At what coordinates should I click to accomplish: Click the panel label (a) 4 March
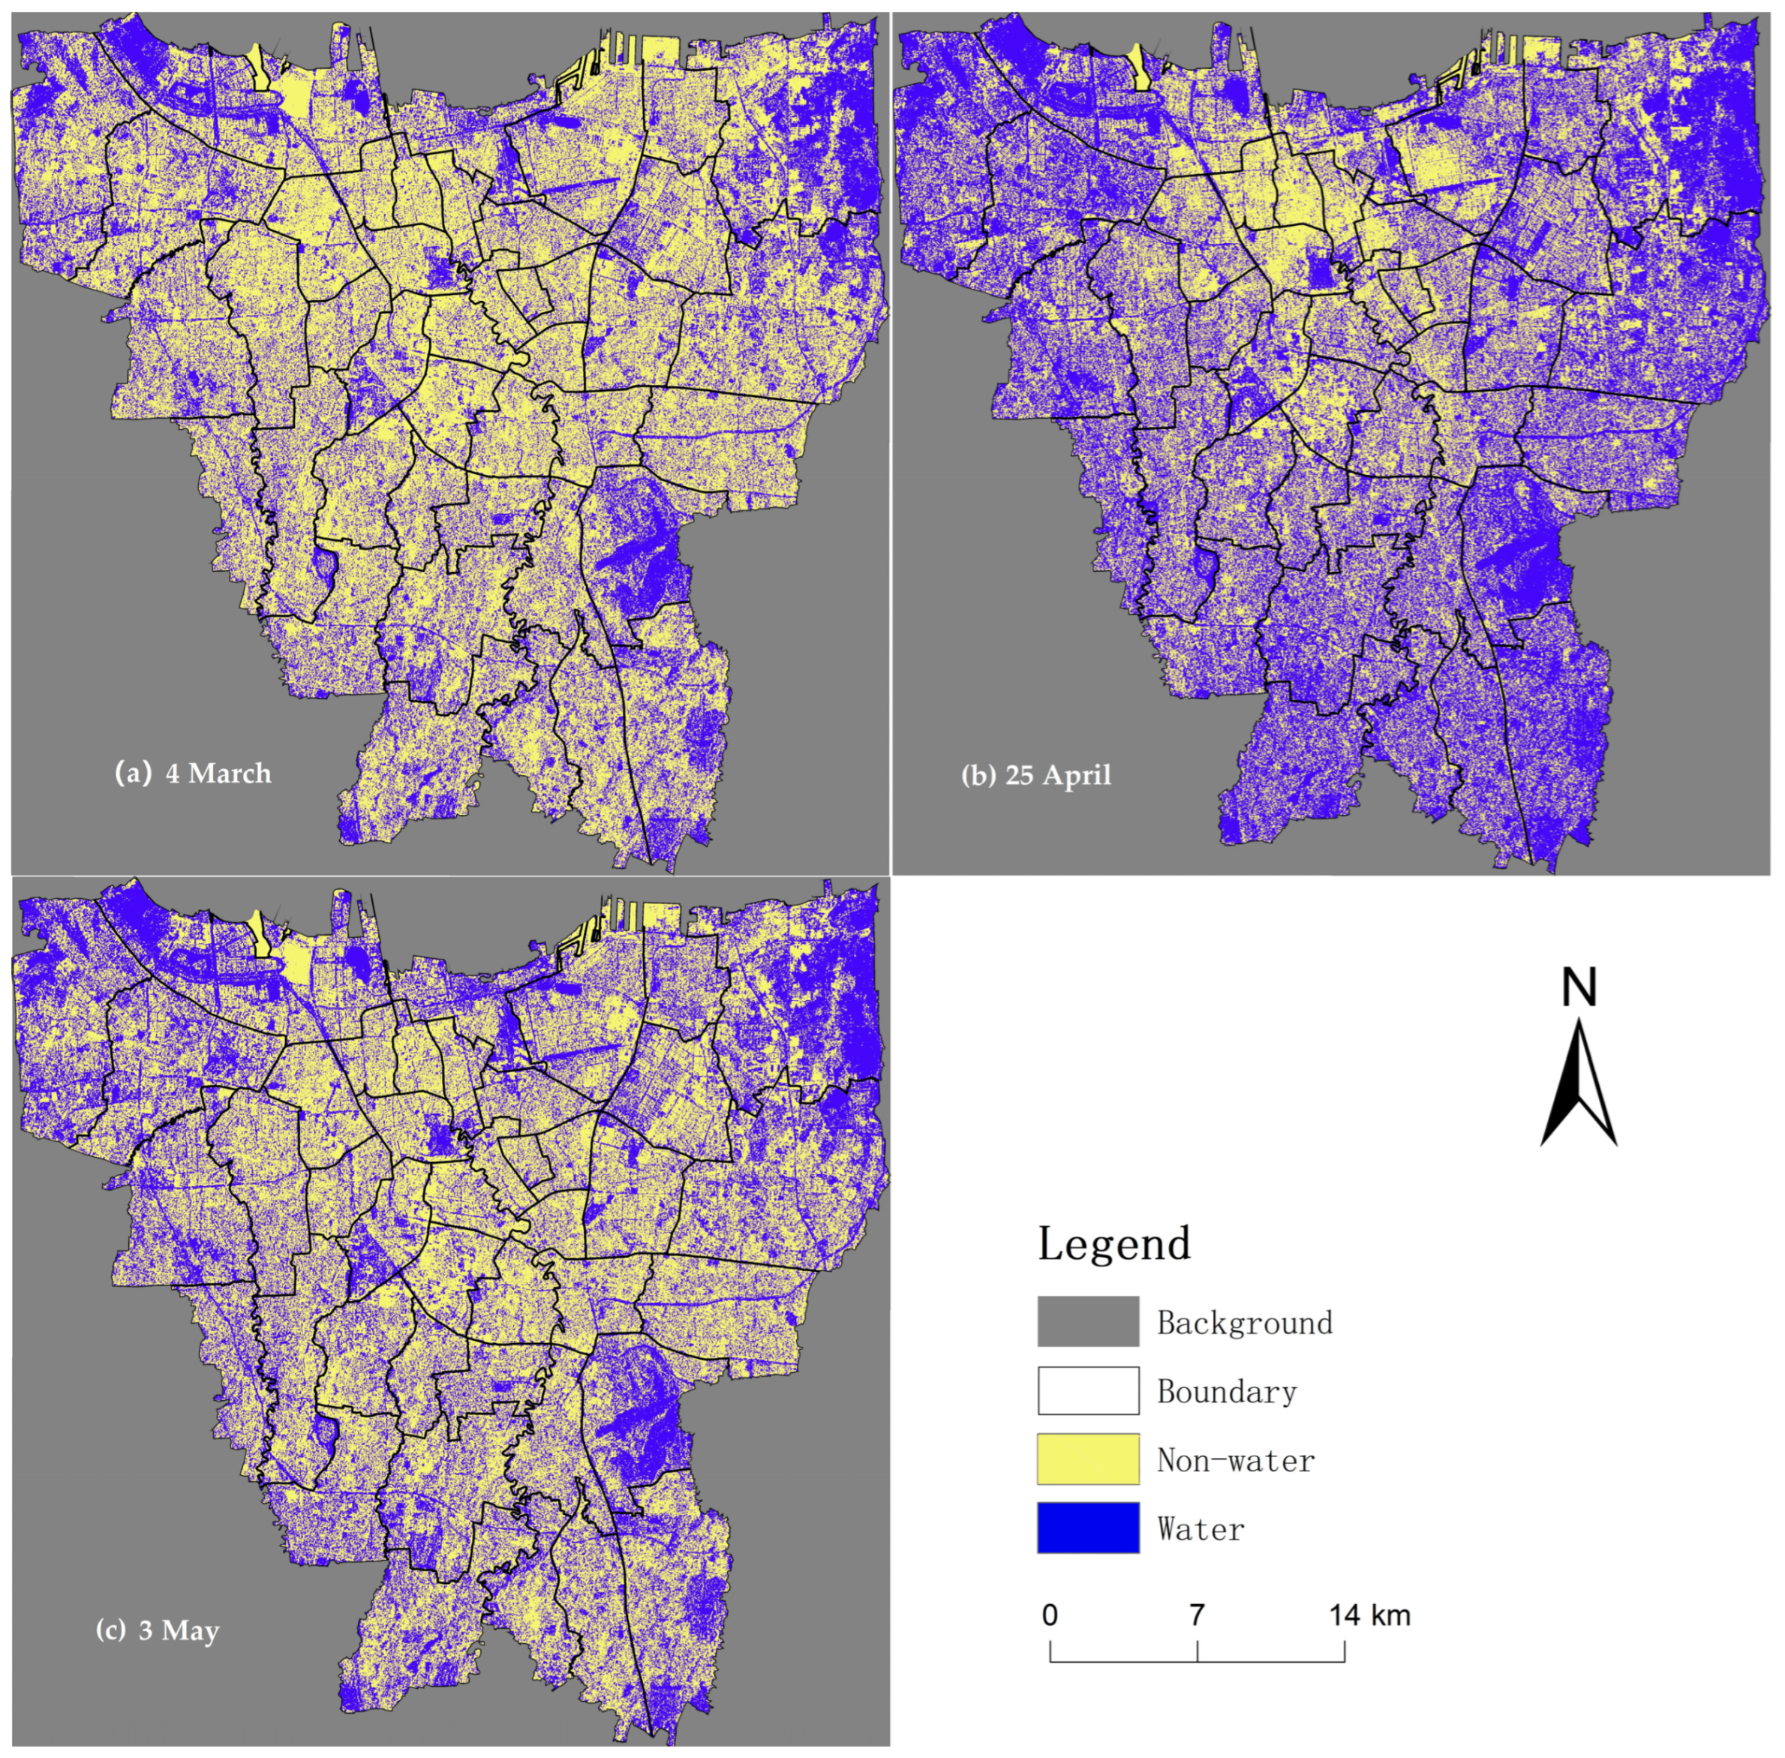click(x=193, y=773)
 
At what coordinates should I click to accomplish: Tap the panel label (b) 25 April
click(x=1036, y=774)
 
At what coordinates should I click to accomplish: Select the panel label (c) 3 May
click(x=158, y=1630)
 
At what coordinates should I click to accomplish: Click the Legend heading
click(x=1113, y=1243)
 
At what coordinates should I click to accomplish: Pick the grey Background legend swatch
click(x=1088, y=1321)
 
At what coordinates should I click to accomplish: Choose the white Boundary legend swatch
click(x=1088, y=1390)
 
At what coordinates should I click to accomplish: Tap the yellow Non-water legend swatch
click(x=1088, y=1459)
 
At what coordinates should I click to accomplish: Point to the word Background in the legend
click(x=1245, y=1323)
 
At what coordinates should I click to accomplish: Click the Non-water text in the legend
click(x=1236, y=1461)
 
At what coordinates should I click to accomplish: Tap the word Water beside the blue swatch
click(x=1201, y=1529)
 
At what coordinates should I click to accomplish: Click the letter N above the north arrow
click(x=1578, y=988)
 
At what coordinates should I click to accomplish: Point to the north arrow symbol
click(x=1578, y=1085)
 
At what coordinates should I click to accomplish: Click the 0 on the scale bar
click(x=1050, y=1615)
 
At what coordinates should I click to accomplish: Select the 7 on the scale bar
click(x=1197, y=1615)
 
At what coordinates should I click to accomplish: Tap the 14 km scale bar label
click(x=1369, y=1615)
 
